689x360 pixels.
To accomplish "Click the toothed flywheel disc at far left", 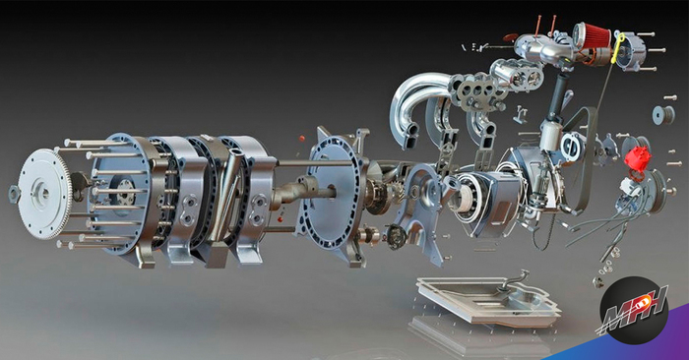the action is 44,194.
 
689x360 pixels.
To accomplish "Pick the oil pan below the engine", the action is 488,299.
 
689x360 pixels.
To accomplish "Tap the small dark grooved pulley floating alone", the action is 663,114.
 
